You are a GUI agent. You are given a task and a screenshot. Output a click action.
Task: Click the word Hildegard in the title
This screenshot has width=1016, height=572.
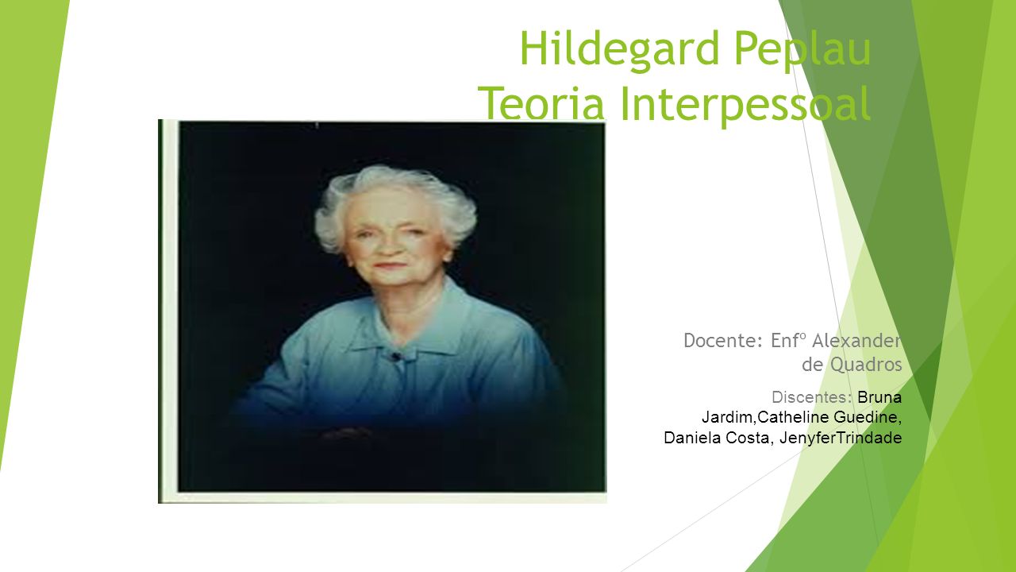pos(620,49)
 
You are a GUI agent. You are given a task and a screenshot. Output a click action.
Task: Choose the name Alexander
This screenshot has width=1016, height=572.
pos(856,341)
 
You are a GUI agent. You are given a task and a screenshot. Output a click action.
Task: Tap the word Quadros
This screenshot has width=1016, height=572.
pos(866,365)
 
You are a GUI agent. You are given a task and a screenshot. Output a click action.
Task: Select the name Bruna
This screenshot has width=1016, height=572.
pos(879,397)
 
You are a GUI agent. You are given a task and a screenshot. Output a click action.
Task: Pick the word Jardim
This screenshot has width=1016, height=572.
pos(728,417)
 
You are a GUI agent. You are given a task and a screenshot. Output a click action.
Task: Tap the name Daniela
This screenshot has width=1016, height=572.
pos(693,438)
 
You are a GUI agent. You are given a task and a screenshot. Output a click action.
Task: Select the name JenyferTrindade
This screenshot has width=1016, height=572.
pos(841,438)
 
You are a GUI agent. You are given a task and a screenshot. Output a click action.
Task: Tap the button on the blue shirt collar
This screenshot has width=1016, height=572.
pos(396,357)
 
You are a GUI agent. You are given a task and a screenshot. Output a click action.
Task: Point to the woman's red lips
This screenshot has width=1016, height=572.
pos(389,265)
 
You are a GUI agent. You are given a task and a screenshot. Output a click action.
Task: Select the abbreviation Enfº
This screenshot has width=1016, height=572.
pos(788,341)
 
